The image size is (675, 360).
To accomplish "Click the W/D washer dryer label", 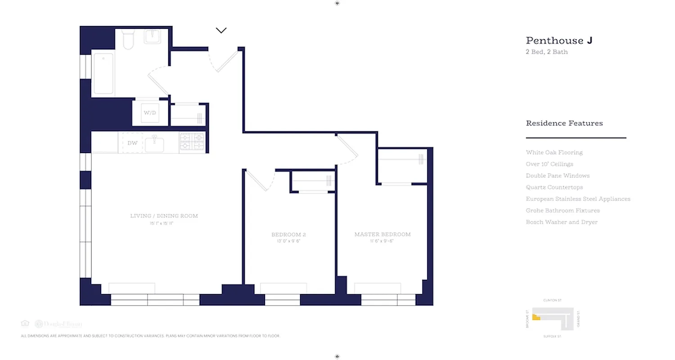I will (x=149, y=112).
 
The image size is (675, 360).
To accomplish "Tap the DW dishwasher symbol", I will (x=132, y=143).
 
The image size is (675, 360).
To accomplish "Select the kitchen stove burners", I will (x=192, y=141).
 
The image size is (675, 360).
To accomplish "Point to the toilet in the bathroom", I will (x=128, y=39).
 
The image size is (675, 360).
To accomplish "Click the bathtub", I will (x=103, y=73).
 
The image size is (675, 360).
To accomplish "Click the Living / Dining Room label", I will (x=164, y=216).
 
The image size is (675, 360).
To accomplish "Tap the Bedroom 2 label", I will (x=289, y=234).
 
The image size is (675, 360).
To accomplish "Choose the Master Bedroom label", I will (x=382, y=234).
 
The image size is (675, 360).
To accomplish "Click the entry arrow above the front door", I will (x=221, y=31).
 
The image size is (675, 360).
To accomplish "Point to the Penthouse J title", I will (x=559, y=40).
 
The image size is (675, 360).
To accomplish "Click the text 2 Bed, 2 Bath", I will (x=547, y=52).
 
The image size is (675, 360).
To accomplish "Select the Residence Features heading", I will (x=564, y=123).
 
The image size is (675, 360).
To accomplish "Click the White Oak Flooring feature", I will (x=554, y=153).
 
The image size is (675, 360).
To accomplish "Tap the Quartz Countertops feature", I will (x=554, y=187).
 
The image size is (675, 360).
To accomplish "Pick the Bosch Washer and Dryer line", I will (x=562, y=222).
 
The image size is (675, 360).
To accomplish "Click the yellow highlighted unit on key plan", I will (x=536, y=317).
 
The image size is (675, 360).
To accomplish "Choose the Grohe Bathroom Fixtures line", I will (x=562, y=211).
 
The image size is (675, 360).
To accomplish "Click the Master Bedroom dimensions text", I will (x=382, y=241).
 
